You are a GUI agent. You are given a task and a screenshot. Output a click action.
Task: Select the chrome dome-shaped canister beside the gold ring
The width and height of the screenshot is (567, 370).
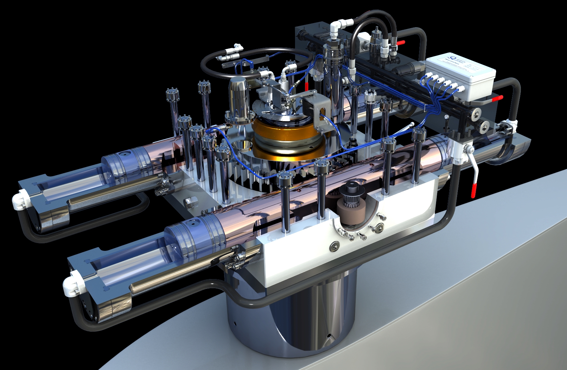[x=239, y=98]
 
